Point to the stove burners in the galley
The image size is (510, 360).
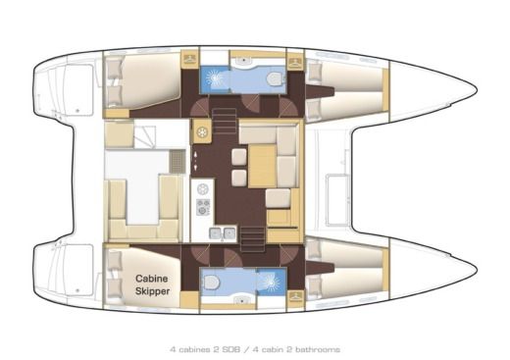coord(204,206)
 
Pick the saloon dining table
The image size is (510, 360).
coord(263,165)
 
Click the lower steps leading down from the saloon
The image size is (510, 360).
coord(251,233)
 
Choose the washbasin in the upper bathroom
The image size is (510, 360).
coord(241,62)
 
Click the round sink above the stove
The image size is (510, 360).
coord(204,186)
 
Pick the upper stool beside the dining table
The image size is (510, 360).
coord(237,156)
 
